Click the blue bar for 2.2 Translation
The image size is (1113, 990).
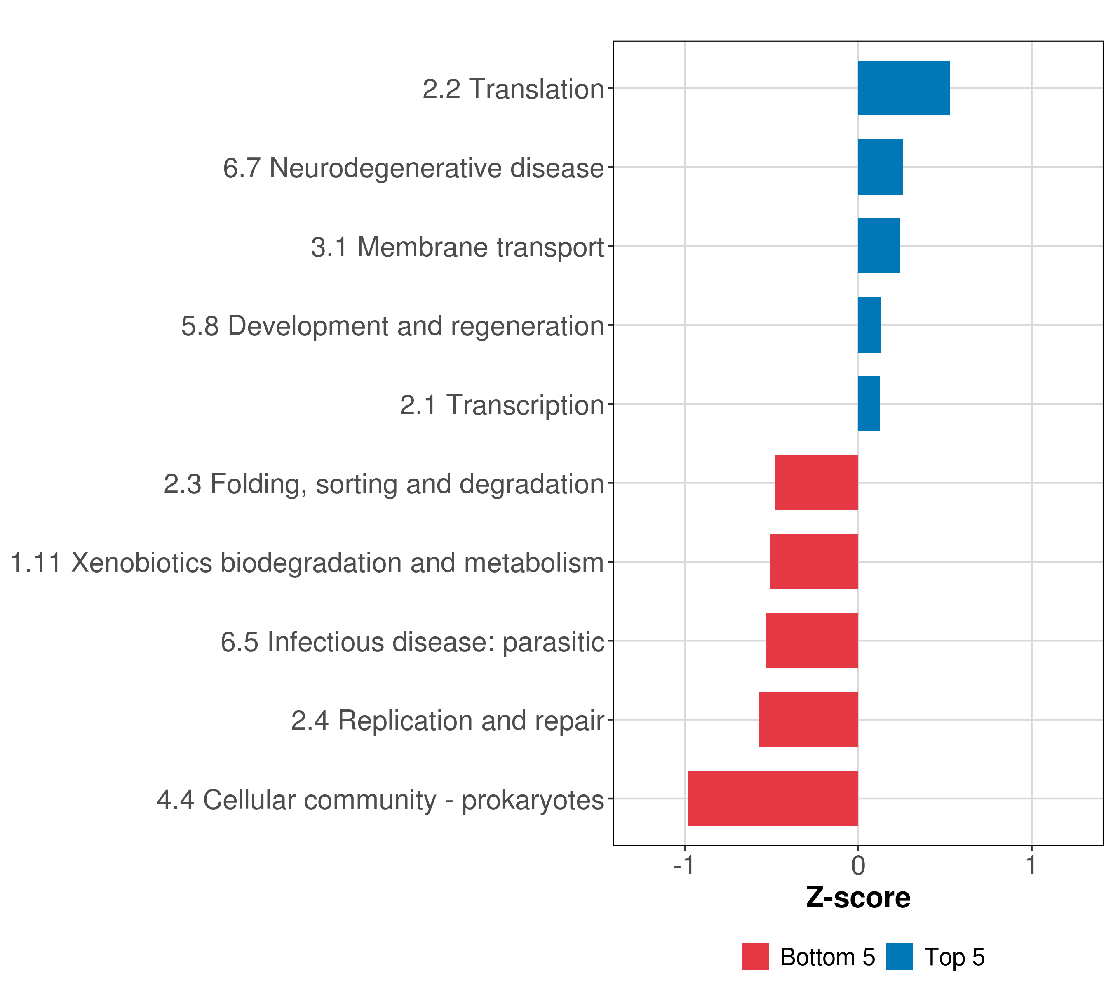904,88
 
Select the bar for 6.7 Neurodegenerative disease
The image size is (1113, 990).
880,167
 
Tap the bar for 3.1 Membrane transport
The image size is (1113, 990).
879,246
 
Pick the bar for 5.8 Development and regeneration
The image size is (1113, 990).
869,325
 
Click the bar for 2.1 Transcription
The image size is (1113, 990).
869,404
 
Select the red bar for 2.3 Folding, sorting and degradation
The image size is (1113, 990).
816,483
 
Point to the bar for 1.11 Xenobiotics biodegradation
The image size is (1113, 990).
814,562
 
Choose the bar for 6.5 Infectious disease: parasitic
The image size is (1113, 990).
812,641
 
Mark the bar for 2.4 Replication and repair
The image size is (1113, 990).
809,720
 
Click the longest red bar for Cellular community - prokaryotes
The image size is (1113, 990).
773,799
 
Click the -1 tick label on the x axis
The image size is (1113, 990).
684,866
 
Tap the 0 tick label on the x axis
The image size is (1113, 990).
858,866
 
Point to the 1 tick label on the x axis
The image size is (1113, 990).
1031,866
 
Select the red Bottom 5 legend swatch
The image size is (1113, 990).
755,956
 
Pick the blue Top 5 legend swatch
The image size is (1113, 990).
899,956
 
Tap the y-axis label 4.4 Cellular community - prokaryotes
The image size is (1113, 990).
380,800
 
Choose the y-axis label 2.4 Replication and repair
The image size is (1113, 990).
448,721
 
